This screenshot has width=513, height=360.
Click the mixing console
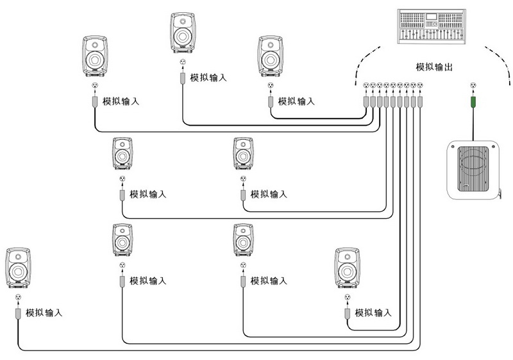click(432, 26)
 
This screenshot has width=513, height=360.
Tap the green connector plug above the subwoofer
click(473, 101)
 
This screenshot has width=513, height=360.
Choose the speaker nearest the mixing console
click(271, 56)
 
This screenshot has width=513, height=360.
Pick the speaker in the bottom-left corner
click(19, 269)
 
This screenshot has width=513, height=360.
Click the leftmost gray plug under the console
click(366, 101)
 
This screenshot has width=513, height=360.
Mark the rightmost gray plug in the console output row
click(421, 101)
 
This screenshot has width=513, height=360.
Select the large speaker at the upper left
click(96, 56)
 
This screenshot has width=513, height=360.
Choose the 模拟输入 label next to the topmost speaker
click(208, 78)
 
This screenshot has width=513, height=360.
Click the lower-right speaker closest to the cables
click(347, 270)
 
